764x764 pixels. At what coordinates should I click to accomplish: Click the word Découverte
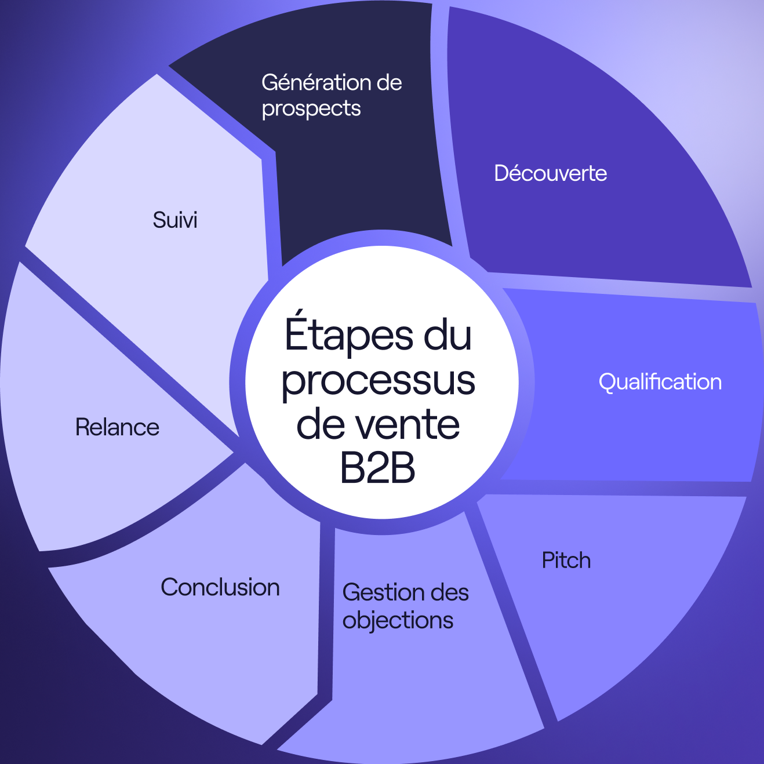tap(550, 173)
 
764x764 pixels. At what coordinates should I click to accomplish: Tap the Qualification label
tap(660, 382)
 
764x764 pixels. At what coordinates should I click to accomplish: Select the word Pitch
tap(566, 561)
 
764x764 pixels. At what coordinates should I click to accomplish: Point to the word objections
tap(398, 620)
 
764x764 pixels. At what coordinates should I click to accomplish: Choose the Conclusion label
tap(220, 587)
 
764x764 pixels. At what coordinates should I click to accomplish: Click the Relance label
tap(117, 427)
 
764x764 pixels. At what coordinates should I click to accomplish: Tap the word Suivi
tap(175, 220)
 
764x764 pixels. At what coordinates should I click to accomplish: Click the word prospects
tap(311, 108)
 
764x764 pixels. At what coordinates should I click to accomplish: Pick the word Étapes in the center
tap(350, 334)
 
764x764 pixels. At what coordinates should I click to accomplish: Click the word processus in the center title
tap(378, 380)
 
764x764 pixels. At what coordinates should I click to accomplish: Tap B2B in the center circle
tap(378, 468)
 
